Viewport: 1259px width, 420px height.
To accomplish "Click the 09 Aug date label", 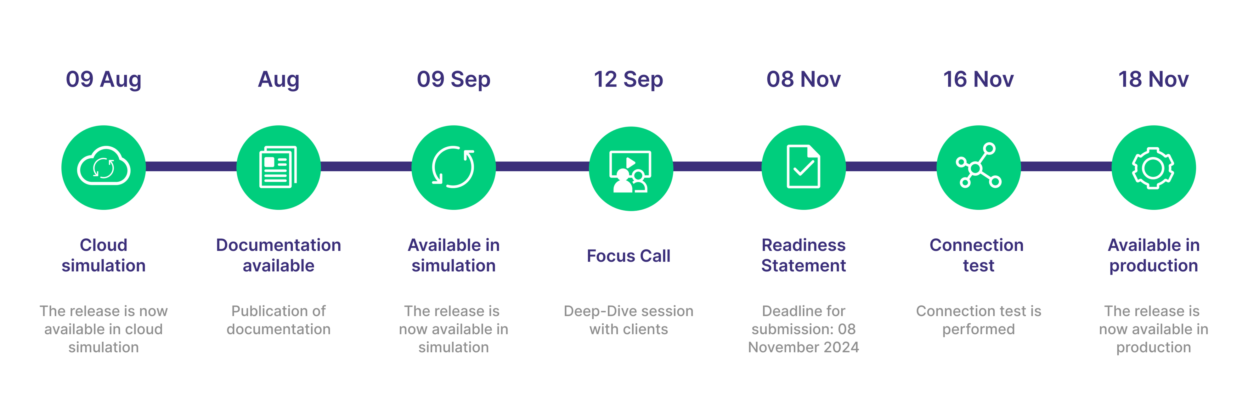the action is coord(104,79).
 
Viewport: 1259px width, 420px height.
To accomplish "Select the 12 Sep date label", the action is coord(629,79).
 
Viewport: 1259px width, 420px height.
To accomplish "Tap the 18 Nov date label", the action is coord(1154,79).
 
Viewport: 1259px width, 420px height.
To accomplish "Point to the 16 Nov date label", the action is coord(979,79).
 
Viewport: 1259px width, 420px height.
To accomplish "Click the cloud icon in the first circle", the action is coord(104,166).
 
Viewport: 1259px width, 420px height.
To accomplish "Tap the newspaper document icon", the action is coord(278,167).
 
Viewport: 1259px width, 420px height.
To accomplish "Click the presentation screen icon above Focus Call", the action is coord(630,171).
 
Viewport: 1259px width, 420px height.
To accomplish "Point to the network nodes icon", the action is coord(979,165).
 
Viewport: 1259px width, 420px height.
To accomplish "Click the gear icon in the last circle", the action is coord(1154,168).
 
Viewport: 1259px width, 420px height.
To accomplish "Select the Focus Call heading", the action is coord(629,256).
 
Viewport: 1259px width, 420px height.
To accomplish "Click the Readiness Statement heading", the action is coord(804,255).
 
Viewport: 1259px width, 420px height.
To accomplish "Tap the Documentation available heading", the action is coord(279,255).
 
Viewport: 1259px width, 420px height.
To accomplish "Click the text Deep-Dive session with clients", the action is coord(629,320).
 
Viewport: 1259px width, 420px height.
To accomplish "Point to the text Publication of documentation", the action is coord(279,320).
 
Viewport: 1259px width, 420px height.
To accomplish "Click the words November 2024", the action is coord(804,347).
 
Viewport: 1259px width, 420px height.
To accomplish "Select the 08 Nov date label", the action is coord(804,79).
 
